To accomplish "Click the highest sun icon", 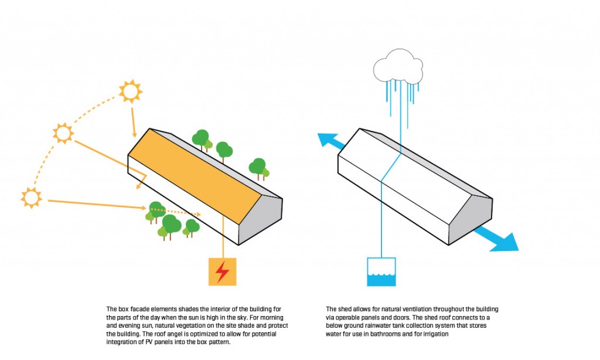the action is [x=131, y=91].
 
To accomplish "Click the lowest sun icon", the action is [x=32, y=198].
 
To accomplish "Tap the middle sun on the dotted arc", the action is [x=63, y=133].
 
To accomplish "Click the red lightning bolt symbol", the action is [x=222, y=271].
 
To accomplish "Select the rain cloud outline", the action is [x=398, y=67].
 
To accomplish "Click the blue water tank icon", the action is [x=381, y=272].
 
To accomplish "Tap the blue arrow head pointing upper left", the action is [x=326, y=139].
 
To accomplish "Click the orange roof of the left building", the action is [x=195, y=176].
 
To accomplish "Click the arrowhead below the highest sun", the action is [x=134, y=134].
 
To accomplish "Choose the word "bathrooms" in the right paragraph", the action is [x=384, y=334].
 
